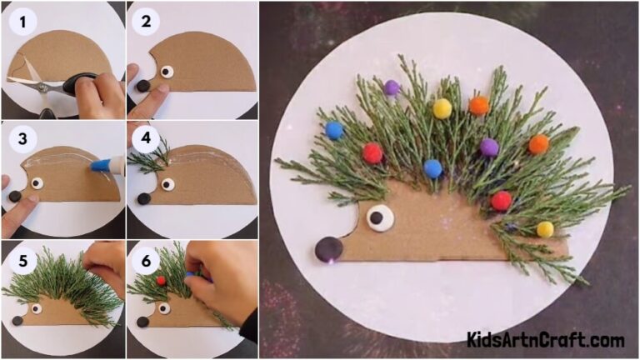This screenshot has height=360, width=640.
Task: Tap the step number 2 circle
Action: pyautogui.click(x=146, y=22)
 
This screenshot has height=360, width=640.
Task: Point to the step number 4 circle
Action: pyautogui.click(x=146, y=138)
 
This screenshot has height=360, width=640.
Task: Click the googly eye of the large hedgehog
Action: pyautogui.click(x=379, y=217)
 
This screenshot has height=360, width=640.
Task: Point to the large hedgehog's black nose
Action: pyautogui.click(x=328, y=248)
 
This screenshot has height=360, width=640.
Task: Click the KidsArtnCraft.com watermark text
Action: pyautogui.click(x=545, y=339)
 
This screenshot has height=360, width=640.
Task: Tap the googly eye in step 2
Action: pyautogui.click(x=167, y=72)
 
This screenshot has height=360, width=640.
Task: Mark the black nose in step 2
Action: pyautogui.click(x=142, y=85)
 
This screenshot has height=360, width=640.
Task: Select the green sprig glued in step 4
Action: pyautogui.click(x=150, y=158)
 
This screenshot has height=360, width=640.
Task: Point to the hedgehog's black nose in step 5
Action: pyautogui.click(x=17, y=320)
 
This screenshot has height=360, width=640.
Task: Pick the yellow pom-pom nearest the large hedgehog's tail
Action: pyautogui.click(x=545, y=229)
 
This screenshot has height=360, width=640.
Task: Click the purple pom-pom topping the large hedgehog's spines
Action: pyautogui.click(x=392, y=87)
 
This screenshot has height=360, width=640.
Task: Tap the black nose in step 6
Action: pyautogui.click(x=142, y=321)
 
